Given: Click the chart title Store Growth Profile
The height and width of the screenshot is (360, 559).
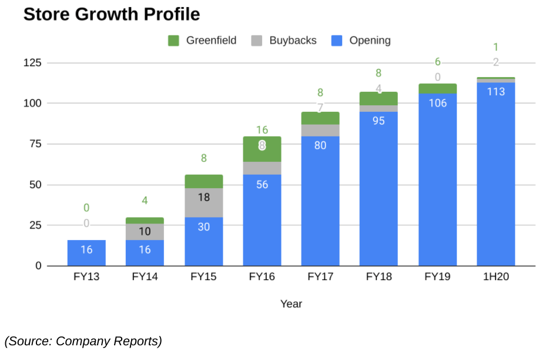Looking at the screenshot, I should pos(112,15).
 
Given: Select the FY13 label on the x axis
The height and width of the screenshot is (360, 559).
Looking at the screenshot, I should pos(86,276).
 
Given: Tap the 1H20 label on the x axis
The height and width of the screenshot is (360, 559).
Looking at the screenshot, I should pos(496,276).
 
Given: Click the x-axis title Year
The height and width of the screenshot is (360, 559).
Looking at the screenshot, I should pos(291,304).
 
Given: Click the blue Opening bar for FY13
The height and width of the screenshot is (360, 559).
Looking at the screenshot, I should pos(86,253).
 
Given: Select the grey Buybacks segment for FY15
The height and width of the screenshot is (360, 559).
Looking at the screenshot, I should pos(203,203).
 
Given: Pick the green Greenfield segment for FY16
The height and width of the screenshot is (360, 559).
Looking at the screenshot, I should pos(262,149).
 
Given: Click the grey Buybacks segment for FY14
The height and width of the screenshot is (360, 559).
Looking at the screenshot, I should pos(145,232).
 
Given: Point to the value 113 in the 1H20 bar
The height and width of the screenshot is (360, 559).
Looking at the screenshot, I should pos(496,92).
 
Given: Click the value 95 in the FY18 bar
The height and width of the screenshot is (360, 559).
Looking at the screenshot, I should pos(379,121).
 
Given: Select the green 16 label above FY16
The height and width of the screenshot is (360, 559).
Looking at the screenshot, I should pos(262,130).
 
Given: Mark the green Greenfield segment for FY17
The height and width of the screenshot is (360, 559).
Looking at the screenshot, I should pos(320,118).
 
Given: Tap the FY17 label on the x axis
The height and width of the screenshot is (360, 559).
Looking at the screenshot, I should pos(320,276).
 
